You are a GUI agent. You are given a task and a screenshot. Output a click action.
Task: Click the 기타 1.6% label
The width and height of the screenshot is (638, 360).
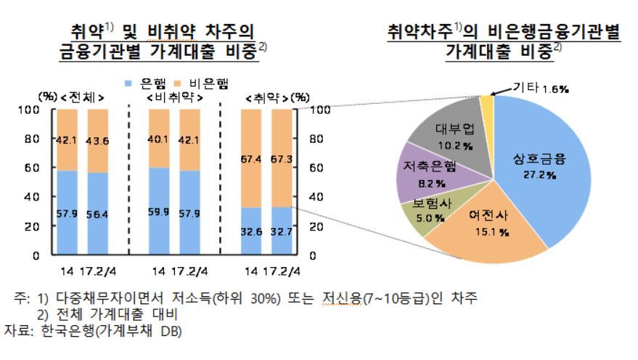(541, 88)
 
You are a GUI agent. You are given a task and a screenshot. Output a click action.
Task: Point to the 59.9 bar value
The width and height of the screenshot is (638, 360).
(158, 213)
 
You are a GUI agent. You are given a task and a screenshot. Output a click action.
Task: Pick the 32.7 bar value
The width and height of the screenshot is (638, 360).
(281, 233)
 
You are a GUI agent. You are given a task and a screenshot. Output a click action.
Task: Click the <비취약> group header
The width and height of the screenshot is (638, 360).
(175, 97)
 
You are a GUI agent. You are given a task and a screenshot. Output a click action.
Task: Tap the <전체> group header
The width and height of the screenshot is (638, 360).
(83, 97)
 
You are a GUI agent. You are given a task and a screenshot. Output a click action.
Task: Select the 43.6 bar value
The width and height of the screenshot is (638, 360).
(97, 142)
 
